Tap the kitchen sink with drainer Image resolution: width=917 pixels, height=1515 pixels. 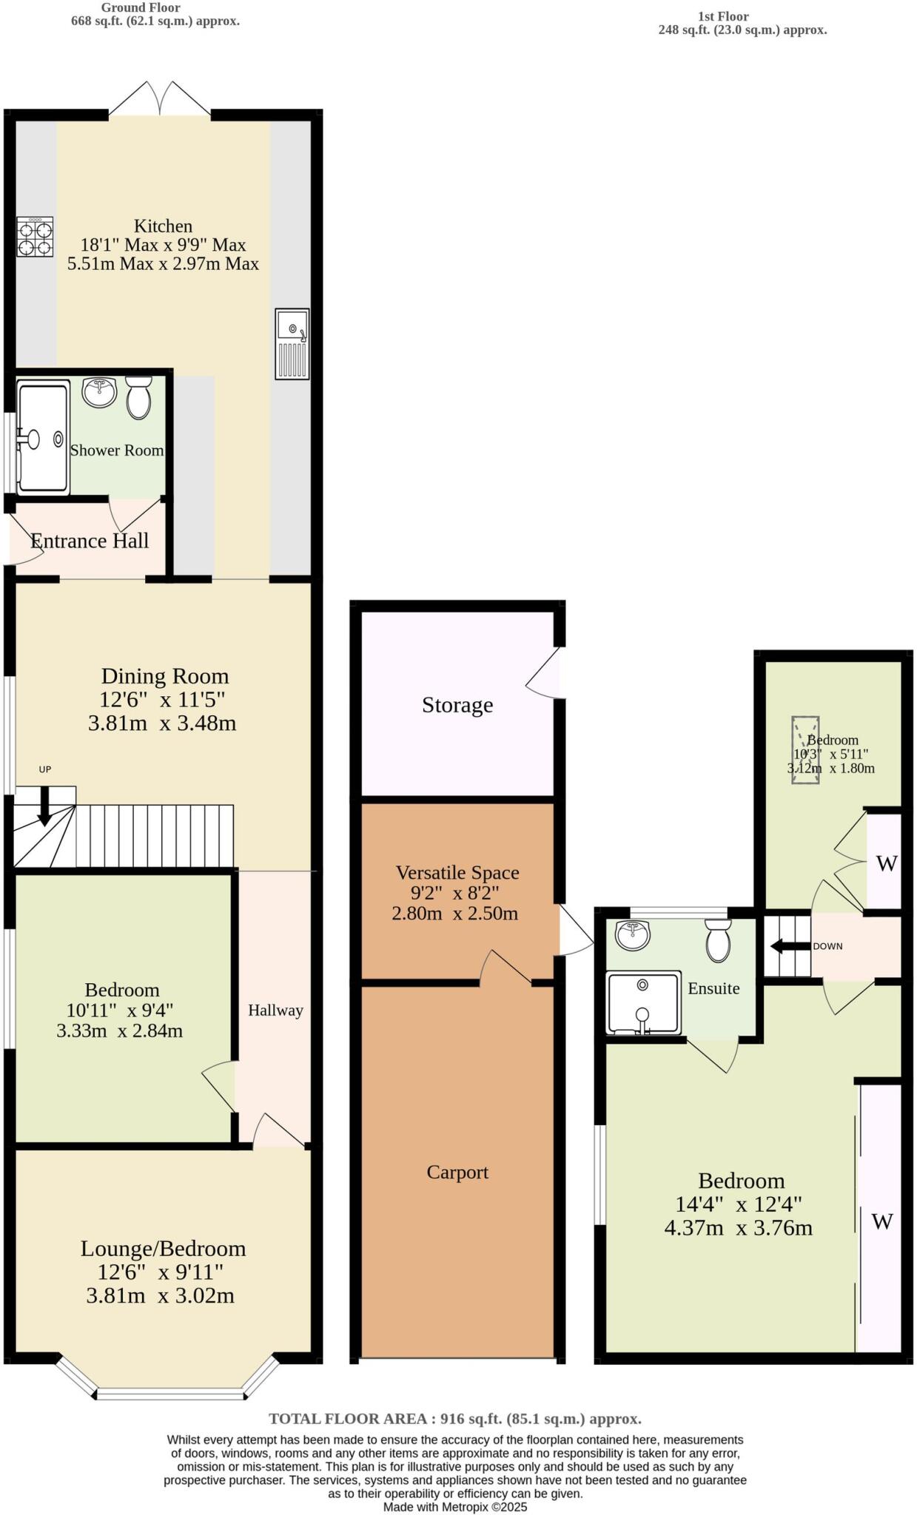(x=292, y=344)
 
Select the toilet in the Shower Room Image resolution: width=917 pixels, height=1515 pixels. (x=138, y=398)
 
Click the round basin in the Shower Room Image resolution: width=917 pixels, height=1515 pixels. (x=99, y=392)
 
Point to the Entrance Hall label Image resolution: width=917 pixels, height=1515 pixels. (x=90, y=541)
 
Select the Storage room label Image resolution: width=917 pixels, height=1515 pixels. (x=457, y=705)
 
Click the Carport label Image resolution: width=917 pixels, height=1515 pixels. (x=457, y=1172)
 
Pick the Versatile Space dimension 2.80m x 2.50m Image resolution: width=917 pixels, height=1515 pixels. (x=454, y=913)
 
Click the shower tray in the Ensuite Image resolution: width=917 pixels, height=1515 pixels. (x=642, y=1002)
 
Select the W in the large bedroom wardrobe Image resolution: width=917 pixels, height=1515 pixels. (x=881, y=1221)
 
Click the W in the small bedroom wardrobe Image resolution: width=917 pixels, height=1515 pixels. (x=886, y=863)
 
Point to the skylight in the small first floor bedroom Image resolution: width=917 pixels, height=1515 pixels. (x=805, y=749)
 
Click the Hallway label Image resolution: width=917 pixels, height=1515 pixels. (x=275, y=1010)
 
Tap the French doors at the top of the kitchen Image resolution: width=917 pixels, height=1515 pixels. (x=160, y=100)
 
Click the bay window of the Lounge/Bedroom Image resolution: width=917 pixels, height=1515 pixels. (x=170, y=1394)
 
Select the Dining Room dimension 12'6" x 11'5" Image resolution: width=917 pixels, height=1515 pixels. (x=162, y=699)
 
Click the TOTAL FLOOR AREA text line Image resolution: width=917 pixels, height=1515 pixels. (x=454, y=1418)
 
